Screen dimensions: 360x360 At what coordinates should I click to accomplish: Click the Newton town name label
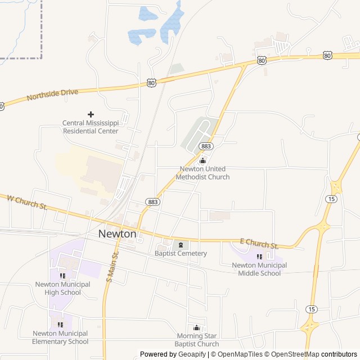(117, 233)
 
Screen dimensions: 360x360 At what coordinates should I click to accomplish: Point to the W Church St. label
(26, 202)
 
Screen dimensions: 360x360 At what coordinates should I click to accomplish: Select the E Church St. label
(259, 244)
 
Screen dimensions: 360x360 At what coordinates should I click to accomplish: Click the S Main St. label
(112, 265)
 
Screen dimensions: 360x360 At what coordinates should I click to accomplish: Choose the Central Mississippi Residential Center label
(90, 127)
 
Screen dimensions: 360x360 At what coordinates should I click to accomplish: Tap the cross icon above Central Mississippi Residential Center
(91, 114)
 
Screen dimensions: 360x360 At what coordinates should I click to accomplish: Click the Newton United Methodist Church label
(202, 173)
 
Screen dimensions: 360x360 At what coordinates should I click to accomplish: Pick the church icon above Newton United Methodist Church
(202, 161)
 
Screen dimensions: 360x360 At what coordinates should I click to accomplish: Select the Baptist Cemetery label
(181, 253)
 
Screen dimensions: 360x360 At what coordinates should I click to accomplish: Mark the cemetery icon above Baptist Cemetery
(181, 244)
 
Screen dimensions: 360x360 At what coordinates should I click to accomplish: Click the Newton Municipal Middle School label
(259, 269)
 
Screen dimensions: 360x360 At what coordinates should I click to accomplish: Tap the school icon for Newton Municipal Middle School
(259, 257)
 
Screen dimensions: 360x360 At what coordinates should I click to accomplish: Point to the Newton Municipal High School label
(62, 288)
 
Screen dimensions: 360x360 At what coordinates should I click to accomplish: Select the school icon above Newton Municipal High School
(62, 276)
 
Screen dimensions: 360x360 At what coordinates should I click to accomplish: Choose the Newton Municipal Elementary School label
(60, 337)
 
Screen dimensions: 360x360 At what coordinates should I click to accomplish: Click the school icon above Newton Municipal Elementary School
(60, 325)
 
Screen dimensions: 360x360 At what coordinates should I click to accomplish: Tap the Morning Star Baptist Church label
(196, 340)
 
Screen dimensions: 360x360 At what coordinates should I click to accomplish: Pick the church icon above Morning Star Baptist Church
(196, 328)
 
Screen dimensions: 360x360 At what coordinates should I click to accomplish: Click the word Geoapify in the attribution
(192, 354)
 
